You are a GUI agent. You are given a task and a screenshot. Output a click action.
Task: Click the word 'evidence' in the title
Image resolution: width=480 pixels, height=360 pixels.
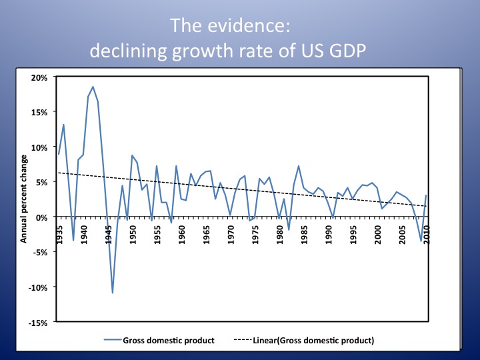[x=259, y=25]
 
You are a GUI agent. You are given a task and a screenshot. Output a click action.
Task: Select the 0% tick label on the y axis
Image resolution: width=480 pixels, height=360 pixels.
[x=42, y=217]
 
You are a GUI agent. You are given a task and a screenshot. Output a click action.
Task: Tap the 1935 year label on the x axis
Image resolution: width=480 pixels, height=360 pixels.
[x=59, y=234]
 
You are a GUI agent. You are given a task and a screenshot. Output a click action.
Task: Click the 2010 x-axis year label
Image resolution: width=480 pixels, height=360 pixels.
[x=425, y=234]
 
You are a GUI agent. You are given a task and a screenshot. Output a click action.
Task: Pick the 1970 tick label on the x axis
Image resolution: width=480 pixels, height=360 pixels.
[x=230, y=234]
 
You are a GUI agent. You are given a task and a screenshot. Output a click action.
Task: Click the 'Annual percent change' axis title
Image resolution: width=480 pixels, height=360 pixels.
[x=24, y=200]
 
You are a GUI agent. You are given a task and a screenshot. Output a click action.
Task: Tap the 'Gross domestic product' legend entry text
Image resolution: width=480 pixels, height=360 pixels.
[x=168, y=340]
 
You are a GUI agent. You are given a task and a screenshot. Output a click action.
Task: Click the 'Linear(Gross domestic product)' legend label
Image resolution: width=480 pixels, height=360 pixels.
[x=313, y=340]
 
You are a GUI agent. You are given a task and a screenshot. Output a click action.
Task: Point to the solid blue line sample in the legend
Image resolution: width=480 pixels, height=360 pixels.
[x=111, y=340]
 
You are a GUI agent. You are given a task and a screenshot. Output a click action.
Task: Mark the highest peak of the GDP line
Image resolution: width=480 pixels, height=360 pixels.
[x=93, y=87]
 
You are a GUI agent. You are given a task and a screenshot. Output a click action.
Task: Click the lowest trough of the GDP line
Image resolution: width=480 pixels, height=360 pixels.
[x=113, y=293]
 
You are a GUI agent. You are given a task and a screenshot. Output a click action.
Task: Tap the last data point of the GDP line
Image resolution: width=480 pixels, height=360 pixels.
[x=425, y=195]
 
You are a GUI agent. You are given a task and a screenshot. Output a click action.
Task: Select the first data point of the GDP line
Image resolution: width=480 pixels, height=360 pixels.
[x=59, y=154]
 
